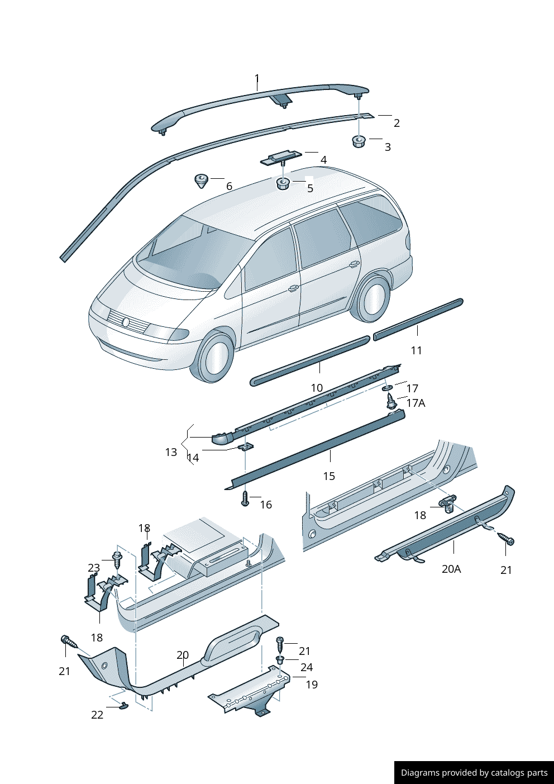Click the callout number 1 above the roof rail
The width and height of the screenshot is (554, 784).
[257, 78]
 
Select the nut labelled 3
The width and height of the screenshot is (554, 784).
[358, 141]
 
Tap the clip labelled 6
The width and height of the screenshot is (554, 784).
[201, 180]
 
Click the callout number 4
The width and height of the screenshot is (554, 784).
[323, 160]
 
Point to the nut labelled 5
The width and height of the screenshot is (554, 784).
[283, 183]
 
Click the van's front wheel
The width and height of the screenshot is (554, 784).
[214, 357]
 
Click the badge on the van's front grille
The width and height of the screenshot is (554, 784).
[126, 322]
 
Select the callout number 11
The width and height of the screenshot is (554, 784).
[417, 350]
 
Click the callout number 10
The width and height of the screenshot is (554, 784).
[317, 388]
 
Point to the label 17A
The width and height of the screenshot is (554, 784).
[415, 403]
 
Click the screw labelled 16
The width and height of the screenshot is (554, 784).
[245, 498]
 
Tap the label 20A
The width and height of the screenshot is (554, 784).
[451, 569]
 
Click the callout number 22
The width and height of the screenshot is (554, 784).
[97, 715]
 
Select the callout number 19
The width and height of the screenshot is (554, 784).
[312, 685]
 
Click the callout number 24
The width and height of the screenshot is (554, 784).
[307, 667]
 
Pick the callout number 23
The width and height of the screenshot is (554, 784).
[94, 568]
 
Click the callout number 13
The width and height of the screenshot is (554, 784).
[171, 452]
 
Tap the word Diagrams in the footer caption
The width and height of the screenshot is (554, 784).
[419, 773]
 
